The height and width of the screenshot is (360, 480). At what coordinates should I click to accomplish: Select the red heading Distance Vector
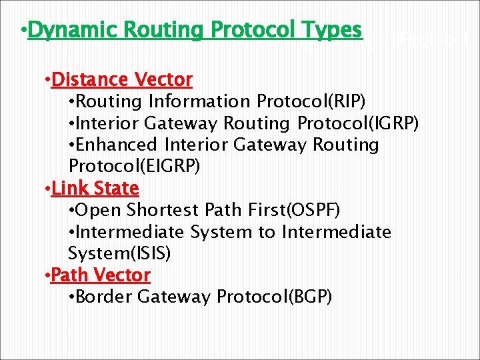point(122,80)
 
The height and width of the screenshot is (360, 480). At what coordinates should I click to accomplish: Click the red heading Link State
point(95,189)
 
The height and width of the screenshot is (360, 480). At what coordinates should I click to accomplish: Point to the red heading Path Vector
point(101,275)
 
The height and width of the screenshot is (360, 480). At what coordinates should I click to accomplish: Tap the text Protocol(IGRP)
point(358,123)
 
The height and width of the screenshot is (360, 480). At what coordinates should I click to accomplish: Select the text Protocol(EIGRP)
point(133,167)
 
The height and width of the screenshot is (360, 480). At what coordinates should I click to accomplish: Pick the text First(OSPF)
point(299,211)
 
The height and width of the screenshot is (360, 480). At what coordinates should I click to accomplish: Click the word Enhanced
point(117,145)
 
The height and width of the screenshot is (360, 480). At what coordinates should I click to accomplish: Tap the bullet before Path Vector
point(47,275)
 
